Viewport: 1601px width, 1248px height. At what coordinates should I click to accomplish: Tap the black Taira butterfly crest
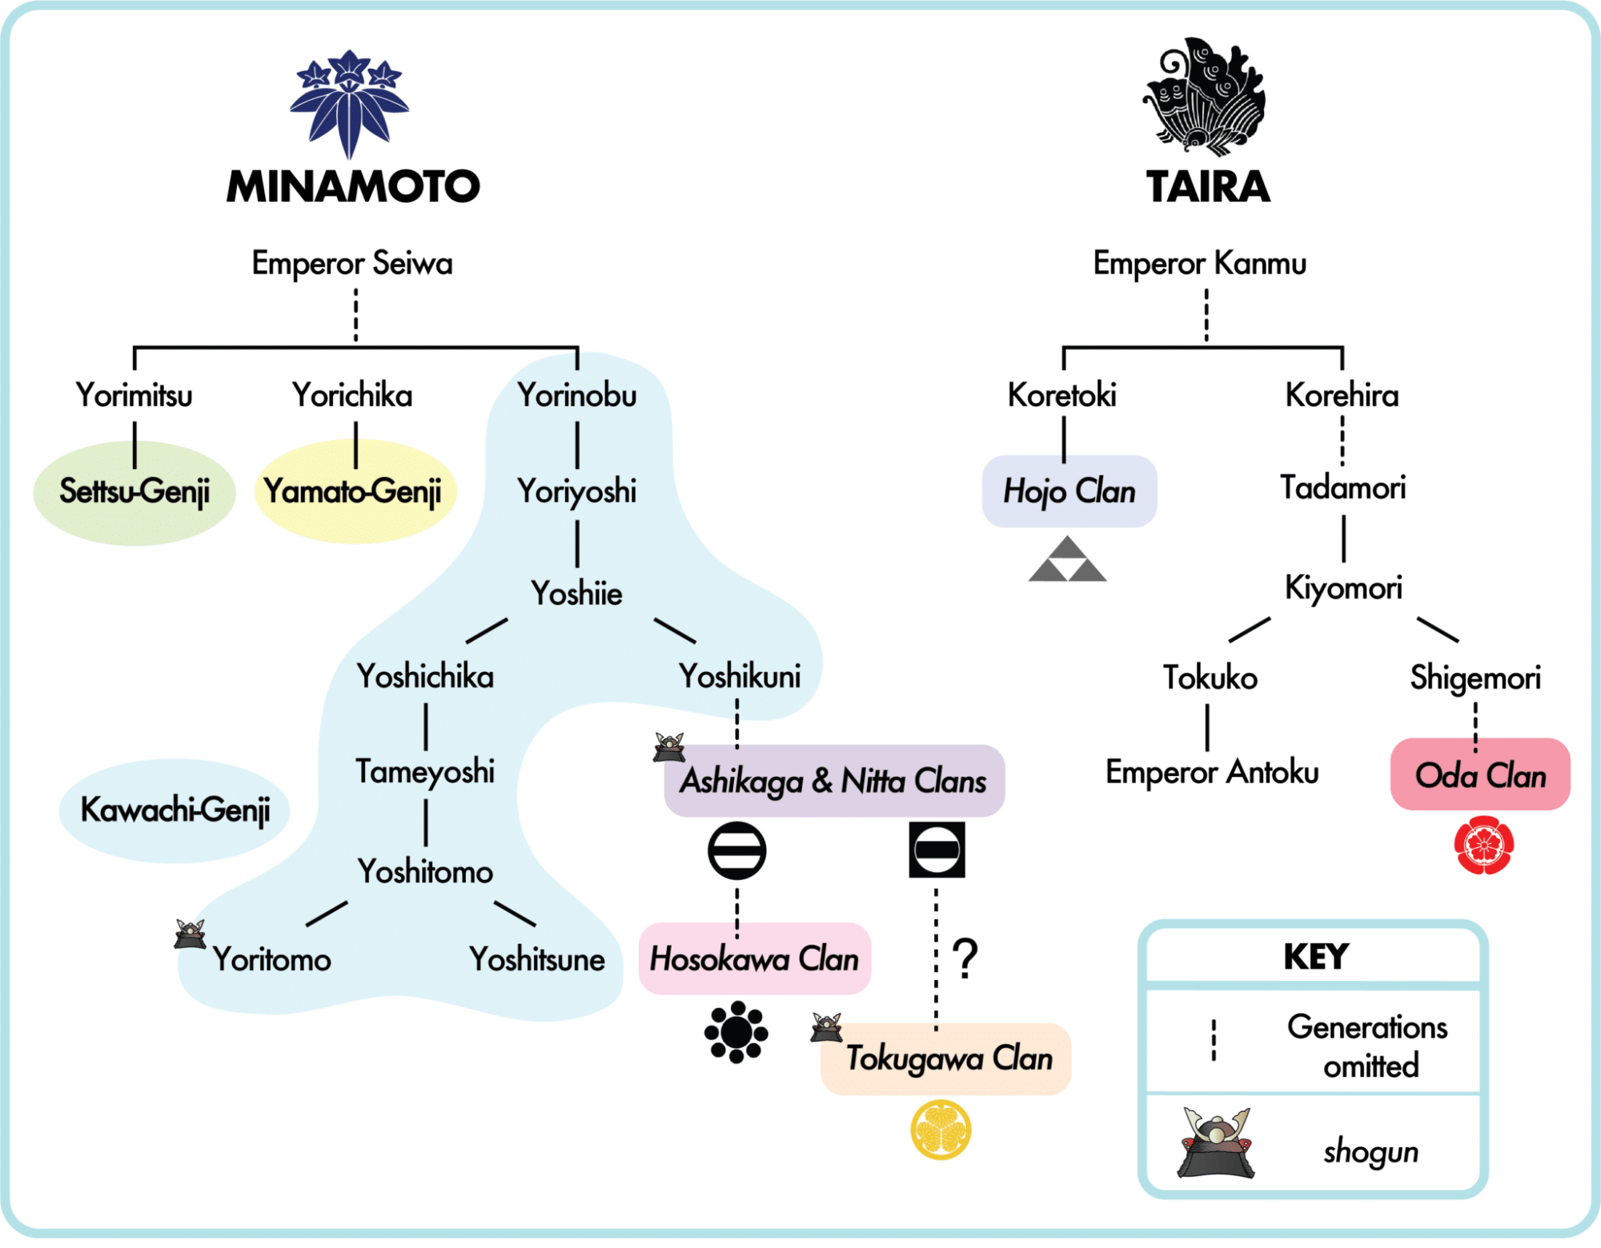(1205, 96)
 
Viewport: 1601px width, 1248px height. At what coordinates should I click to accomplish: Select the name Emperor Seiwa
(352, 263)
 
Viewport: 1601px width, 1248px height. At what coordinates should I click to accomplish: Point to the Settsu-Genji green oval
(134, 493)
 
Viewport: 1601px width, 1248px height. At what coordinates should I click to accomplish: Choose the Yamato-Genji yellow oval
(355, 491)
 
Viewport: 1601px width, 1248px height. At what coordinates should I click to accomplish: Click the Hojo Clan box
(1069, 491)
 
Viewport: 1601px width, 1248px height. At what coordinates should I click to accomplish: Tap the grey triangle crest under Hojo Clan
(1068, 559)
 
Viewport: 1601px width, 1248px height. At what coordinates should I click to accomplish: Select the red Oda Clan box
(1480, 774)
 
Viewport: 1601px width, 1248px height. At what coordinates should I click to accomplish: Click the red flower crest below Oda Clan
(1484, 846)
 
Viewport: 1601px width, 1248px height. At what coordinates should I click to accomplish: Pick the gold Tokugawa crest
(941, 1130)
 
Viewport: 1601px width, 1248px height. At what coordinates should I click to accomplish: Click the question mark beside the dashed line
(966, 958)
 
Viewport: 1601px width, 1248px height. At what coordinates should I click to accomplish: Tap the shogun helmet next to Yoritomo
(191, 934)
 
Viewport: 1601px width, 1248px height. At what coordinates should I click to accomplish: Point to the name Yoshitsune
(537, 959)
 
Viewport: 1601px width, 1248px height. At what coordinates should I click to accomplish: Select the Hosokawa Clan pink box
(755, 958)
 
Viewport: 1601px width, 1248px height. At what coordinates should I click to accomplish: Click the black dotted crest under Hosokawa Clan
(736, 1032)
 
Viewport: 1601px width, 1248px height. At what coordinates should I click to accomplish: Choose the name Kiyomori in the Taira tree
(1343, 588)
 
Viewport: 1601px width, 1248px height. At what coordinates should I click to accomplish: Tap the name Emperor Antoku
(1212, 773)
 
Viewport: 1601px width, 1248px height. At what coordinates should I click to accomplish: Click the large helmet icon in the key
(1216, 1143)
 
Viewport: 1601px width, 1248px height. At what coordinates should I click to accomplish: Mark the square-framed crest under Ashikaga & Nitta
(937, 850)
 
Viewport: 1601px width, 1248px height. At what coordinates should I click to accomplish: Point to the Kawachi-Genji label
(175, 810)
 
